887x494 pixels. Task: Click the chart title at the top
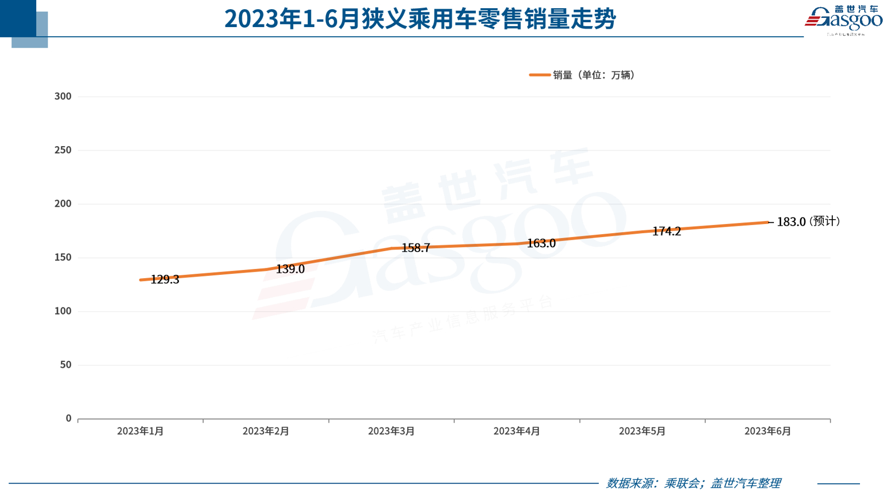tap(420, 19)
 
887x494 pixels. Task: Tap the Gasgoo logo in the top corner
tap(843, 20)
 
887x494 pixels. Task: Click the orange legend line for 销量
tap(539, 75)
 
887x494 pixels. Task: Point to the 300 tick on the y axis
tap(63, 96)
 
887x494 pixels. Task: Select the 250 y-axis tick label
tap(63, 150)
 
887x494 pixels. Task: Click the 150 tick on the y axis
tap(63, 258)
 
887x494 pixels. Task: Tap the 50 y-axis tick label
tap(65, 365)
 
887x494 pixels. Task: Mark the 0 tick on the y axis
tap(68, 418)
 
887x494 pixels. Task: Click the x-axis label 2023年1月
tap(140, 431)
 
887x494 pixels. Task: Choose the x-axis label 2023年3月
tap(391, 431)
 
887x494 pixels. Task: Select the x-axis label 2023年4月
tap(517, 431)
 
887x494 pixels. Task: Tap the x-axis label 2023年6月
tap(767, 431)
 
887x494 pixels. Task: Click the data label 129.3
tap(165, 280)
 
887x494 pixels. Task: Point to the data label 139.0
tap(290, 269)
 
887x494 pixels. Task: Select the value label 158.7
tap(416, 248)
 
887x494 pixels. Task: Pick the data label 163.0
tap(541, 243)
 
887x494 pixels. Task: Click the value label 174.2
tap(666, 232)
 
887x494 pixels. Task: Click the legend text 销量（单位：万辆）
tap(594, 75)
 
